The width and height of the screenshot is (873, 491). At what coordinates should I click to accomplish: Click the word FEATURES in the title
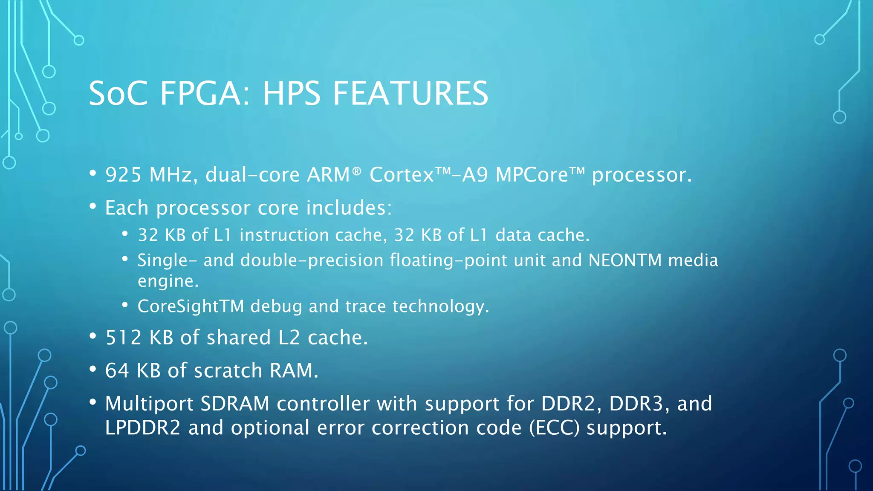point(410,94)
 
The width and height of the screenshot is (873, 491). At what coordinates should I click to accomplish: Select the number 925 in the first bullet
point(123,175)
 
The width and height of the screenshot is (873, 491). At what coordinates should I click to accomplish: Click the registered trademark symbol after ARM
point(356,171)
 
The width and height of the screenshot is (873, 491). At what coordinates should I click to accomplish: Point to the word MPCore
point(532,175)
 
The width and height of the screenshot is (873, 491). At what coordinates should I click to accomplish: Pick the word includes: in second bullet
point(349,208)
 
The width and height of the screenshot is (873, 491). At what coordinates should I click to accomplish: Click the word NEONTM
point(625,260)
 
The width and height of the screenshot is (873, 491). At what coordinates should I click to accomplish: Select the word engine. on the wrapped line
point(168,281)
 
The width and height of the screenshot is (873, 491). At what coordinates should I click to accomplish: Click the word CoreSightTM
point(191,306)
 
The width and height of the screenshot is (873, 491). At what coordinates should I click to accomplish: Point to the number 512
point(123,338)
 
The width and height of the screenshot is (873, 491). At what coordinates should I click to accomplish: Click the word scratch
point(228,370)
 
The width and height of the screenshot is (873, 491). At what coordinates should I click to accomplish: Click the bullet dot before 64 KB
point(93,370)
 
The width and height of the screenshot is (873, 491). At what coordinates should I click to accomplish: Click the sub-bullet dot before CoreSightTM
point(125,305)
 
